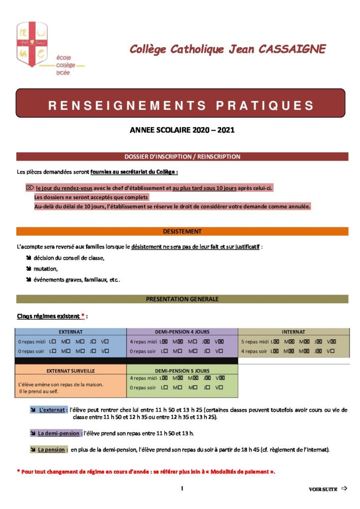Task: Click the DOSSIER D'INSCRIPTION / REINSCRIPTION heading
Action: click(182, 157)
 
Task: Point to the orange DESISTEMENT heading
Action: click(182, 232)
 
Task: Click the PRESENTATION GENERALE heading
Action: click(182, 299)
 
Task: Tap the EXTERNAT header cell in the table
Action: click(71, 332)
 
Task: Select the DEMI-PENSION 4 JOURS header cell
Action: click(182, 332)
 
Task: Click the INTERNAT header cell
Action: click(293, 332)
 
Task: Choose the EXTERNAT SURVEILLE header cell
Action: click(71, 370)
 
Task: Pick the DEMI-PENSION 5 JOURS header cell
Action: click(182, 370)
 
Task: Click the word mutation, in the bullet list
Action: click(46, 268)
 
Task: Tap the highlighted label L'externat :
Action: click(53, 410)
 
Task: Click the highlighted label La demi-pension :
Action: click(60, 433)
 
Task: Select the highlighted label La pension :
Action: click(52, 449)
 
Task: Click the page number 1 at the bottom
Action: click(181, 489)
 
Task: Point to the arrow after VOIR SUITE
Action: click(344, 489)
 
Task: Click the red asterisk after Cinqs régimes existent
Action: click(83, 316)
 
